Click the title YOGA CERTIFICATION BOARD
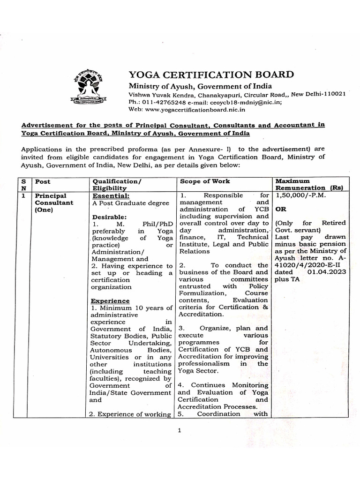[211, 75]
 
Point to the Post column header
[43, 181]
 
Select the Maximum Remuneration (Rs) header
[309, 184]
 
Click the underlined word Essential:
[111, 195]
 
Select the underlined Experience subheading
[110, 300]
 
